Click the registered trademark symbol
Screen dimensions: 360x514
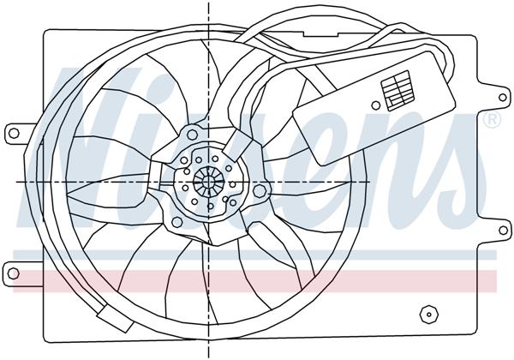coord(492,122)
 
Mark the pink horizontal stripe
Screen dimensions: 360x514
coord(257,277)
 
